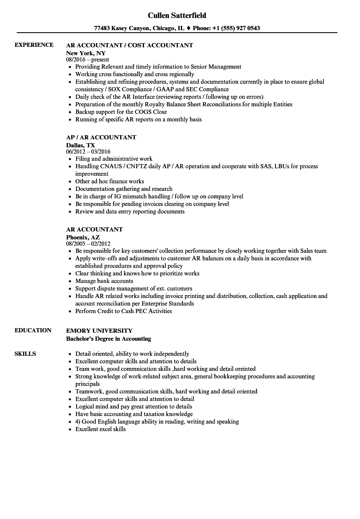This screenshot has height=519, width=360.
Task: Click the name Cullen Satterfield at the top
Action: pos(177,15)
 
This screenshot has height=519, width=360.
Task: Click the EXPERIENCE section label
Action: pos(34,45)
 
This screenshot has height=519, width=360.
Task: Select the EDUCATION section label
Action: pos(33,330)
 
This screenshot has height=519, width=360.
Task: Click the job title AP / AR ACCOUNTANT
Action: pos(101,137)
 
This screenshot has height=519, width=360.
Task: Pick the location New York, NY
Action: pos(86,53)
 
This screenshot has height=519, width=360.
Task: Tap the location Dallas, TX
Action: pos(80,145)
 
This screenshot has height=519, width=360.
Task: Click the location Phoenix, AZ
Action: pos(83,237)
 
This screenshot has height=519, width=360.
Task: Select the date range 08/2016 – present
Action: pos(87,59)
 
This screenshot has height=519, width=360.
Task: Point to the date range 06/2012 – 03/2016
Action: pos(88,152)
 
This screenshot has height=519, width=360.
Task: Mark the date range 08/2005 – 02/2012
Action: pos(88,244)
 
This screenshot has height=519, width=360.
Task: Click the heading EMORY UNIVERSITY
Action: pos(99,330)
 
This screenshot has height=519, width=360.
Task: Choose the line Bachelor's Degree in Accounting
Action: pos(108,339)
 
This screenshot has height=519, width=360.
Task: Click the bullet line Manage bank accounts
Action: pos(104,281)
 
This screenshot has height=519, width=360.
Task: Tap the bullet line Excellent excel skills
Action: pos(100,429)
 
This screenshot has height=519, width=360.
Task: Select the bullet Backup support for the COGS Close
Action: pos(121,112)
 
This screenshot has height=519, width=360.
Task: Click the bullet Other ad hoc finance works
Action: pos(110,181)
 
